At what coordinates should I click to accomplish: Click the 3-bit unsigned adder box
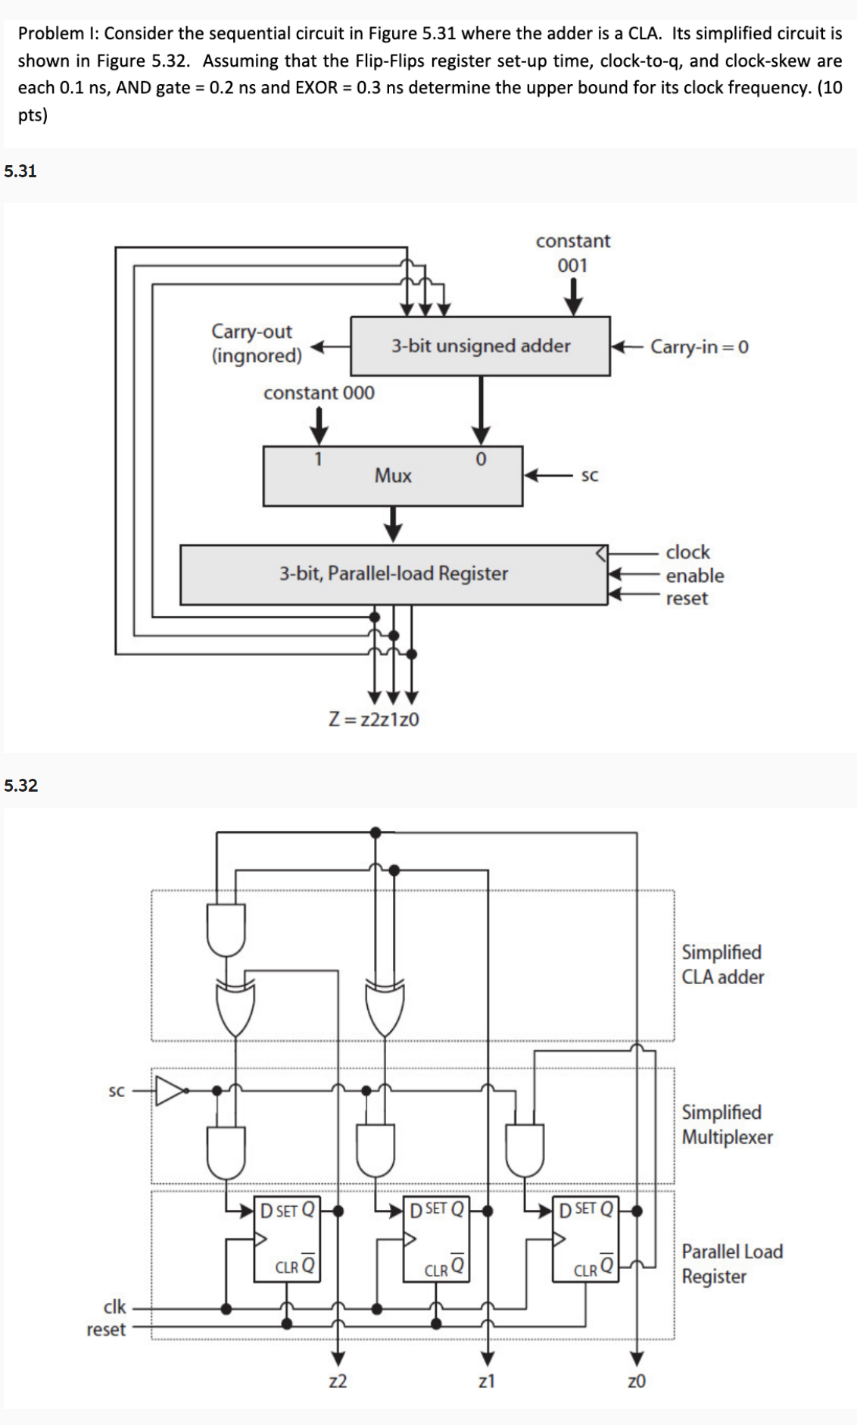pyautogui.click(x=480, y=346)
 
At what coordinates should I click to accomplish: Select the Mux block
pyautogui.click(x=392, y=476)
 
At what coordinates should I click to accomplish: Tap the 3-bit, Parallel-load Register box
pyautogui.click(x=393, y=574)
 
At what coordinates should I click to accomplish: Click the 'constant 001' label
pyautogui.click(x=572, y=253)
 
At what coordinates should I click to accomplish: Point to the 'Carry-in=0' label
pyautogui.click(x=699, y=347)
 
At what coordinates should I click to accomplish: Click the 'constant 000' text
pyautogui.click(x=319, y=393)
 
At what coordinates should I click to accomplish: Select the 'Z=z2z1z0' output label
pyautogui.click(x=374, y=719)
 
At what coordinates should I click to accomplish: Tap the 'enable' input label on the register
pyautogui.click(x=694, y=576)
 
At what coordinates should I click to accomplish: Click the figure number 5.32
pyautogui.click(x=20, y=785)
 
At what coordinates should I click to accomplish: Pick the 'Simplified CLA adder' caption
pyautogui.click(x=722, y=964)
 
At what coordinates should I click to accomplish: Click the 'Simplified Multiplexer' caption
pyautogui.click(x=727, y=1124)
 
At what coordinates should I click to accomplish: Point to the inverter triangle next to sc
pyautogui.click(x=170, y=1091)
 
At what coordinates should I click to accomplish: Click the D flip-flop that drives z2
pyautogui.click(x=287, y=1238)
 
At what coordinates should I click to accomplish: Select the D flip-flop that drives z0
pyautogui.click(x=585, y=1238)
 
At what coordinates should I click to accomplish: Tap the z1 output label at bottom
pyautogui.click(x=487, y=1381)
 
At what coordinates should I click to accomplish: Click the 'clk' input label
pyautogui.click(x=114, y=1307)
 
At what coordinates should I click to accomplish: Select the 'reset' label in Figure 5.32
pyautogui.click(x=106, y=1330)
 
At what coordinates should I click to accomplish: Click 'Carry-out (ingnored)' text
pyautogui.click(x=256, y=343)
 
